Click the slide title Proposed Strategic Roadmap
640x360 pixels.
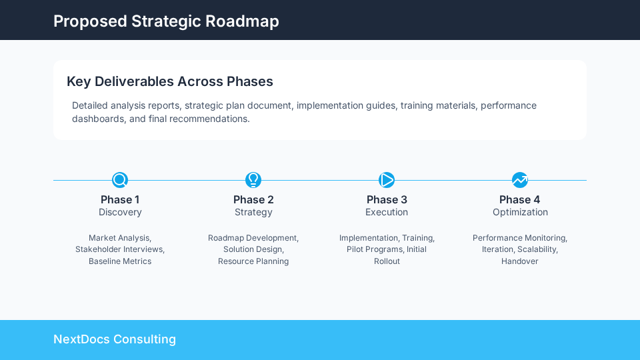166,21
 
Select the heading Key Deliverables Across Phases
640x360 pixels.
170,81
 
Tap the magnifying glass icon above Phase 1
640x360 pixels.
120,180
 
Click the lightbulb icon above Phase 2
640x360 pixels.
253,180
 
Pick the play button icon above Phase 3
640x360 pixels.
387,180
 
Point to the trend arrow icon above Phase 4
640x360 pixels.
520,180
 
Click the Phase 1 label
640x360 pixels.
120,199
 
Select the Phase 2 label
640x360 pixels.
253,199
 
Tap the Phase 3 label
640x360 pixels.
387,199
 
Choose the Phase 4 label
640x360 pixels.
520,199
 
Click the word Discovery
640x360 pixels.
120,212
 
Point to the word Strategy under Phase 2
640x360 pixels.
253,212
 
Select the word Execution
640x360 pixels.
387,212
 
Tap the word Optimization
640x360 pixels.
520,212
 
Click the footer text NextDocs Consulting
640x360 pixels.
115,339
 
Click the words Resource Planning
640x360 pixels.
253,261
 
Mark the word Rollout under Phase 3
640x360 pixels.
387,261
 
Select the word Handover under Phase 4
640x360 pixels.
520,261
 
